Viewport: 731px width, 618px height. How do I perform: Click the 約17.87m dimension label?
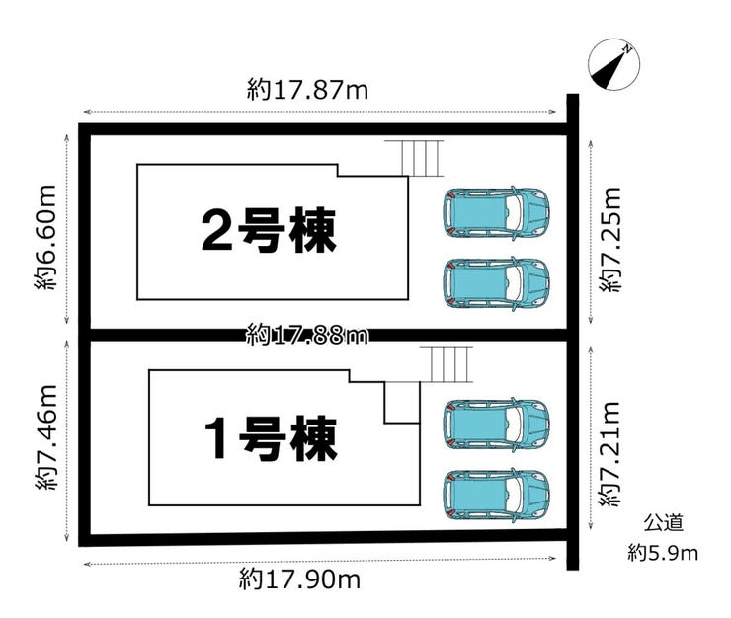[307, 90]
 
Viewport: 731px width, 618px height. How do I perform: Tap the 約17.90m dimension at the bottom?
[299, 579]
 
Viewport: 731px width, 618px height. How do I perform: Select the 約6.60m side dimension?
[45, 237]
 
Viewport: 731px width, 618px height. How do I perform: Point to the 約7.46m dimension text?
[45, 437]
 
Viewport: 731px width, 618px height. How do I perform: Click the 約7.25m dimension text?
[610, 240]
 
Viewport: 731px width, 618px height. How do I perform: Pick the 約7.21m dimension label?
[610, 454]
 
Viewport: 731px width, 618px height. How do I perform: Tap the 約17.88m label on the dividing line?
[307, 334]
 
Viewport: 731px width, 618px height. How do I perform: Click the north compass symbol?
[613, 64]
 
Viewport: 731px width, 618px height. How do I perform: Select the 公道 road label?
[664, 523]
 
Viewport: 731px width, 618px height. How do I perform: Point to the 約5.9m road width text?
[663, 553]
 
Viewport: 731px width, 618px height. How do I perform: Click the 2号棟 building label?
[269, 231]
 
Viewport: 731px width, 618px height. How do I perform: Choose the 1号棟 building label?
[271, 438]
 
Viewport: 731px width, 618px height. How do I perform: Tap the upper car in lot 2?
[496, 213]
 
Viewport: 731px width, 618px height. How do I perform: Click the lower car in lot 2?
[496, 283]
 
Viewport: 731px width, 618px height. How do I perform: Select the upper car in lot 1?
[496, 425]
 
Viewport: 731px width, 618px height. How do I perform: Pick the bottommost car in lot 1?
[496, 495]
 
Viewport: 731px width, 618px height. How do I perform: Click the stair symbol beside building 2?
[414, 158]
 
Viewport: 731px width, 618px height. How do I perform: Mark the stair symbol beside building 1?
[447, 364]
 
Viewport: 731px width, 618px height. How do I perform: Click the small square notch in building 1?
[402, 403]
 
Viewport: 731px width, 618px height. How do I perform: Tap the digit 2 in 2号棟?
[216, 231]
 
